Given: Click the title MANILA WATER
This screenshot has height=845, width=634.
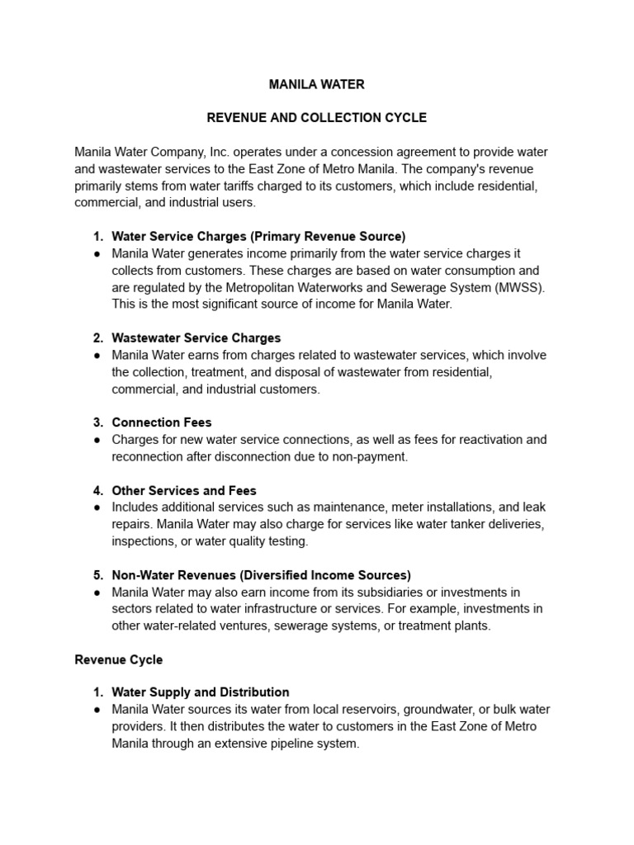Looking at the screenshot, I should [316, 84].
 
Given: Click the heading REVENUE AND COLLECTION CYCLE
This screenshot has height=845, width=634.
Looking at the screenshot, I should [316, 118].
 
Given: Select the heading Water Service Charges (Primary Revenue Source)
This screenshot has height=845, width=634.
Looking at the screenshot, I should [258, 236].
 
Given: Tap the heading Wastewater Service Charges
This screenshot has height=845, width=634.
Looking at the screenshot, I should [196, 338].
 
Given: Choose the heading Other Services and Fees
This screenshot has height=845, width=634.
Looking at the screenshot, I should [184, 490].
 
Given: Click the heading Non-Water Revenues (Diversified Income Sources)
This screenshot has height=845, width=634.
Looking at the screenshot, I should [261, 575].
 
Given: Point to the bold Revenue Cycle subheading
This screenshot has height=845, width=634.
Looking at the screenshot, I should [119, 660].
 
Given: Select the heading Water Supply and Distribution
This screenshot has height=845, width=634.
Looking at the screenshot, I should [201, 692].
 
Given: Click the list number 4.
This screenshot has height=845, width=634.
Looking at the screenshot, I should [97, 490].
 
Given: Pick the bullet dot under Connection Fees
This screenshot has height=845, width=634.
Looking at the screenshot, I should [97, 440].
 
